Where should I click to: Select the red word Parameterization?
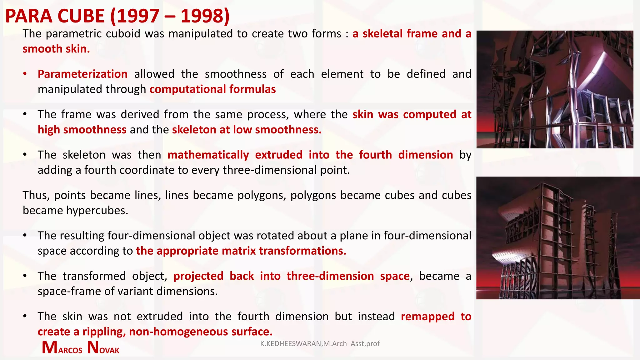(x=82, y=74)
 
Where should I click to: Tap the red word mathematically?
(x=208, y=155)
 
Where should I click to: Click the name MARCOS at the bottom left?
(x=62, y=348)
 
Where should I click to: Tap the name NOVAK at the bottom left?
(x=103, y=348)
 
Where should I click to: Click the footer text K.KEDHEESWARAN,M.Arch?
(x=303, y=344)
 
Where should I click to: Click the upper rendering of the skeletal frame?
(x=555, y=89)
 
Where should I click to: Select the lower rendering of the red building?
(x=558, y=238)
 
